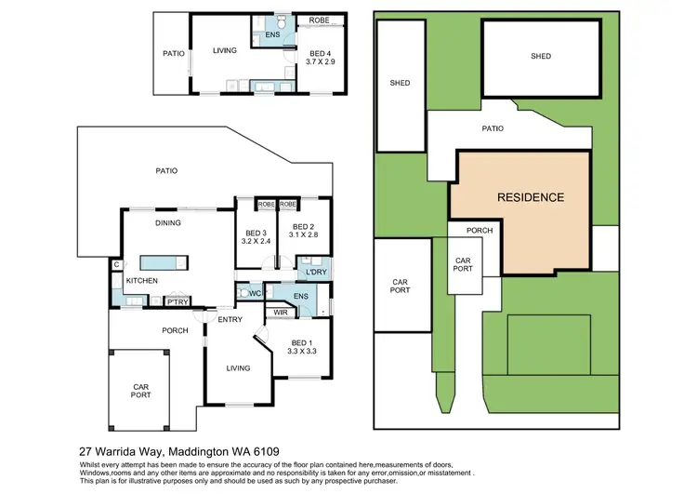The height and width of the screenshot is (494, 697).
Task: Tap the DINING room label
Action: pyautogui.click(x=168, y=223)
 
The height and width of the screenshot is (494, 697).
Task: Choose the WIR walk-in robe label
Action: pyautogui.click(x=280, y=313)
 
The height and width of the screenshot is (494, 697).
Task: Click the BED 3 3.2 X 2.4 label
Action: pyautogui.click(x=256, y=237)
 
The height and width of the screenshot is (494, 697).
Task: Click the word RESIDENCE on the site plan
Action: pyautogui.click(x=530, y=197)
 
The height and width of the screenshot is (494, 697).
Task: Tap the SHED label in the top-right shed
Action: pyautogui.click(x=540, y=57)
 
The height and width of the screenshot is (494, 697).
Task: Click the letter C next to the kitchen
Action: pyautogui.click(x=116, y=265)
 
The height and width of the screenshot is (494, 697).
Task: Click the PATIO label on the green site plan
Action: pyautogui.click(x=493, y=129)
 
